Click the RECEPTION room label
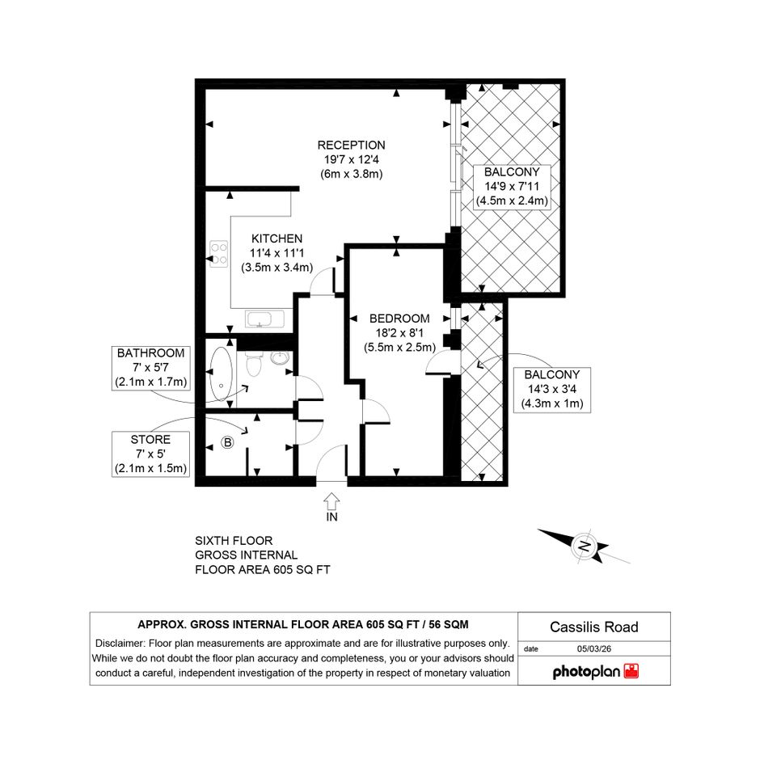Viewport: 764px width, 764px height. point(352,146)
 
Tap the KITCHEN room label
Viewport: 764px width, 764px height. point(276,238)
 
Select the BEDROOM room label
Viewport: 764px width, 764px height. point(399,319)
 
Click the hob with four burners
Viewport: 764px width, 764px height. point(219,254)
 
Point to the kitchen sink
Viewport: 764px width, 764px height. point(265,319)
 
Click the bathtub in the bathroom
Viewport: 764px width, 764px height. point(222,374)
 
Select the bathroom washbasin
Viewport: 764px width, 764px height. point(281,358)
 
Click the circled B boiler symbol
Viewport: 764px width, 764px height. point(227,442)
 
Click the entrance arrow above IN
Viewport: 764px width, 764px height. point(331,500)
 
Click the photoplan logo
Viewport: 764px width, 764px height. point(595,671)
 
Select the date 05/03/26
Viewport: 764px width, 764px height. point(594,648)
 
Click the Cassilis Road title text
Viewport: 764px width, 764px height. point(594,627)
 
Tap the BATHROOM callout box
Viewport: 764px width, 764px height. point(150,368)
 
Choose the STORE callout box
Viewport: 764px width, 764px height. point(150,454)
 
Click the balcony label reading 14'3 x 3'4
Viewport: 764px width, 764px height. point(552,390)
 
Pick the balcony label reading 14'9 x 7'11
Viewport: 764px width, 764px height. point(512,187)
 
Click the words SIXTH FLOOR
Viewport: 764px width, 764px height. point(234,541)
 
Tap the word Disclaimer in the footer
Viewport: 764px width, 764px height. point(120,644)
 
